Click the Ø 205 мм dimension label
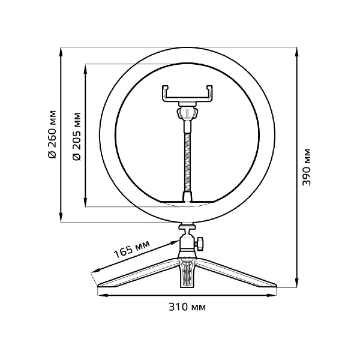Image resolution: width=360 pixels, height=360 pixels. pos(76,135)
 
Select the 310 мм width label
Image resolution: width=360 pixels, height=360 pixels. pos(187,307)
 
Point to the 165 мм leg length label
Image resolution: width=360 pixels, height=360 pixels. pos(132,249)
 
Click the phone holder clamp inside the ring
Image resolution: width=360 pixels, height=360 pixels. pos(187,94)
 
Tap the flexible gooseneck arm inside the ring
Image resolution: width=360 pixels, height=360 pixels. pos(187,156)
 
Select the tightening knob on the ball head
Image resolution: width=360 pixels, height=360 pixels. pos(202,243)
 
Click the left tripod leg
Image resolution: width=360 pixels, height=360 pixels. pos(135,276)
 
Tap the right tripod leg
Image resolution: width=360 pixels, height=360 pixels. pos(240,276)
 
